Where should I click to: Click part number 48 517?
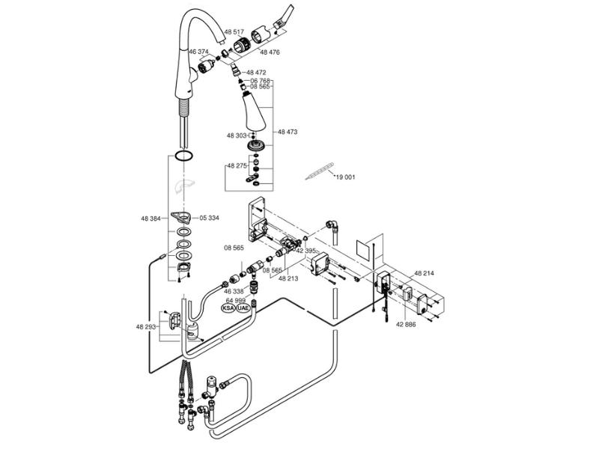[234, 31]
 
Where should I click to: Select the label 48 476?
[270, 52]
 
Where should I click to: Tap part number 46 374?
[200, 52]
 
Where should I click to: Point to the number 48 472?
[256, 73]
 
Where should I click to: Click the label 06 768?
[261, 81]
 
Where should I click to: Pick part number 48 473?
[288, 131]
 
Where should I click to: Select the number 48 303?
[237, 135]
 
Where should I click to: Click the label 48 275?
[236, 165]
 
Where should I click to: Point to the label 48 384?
[150, 219]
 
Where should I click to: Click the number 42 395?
[305, 251]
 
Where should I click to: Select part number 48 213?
[288, 278]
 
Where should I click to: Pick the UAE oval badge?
[243, 308]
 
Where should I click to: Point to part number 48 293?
[146, 326]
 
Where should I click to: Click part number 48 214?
[424, 275]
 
